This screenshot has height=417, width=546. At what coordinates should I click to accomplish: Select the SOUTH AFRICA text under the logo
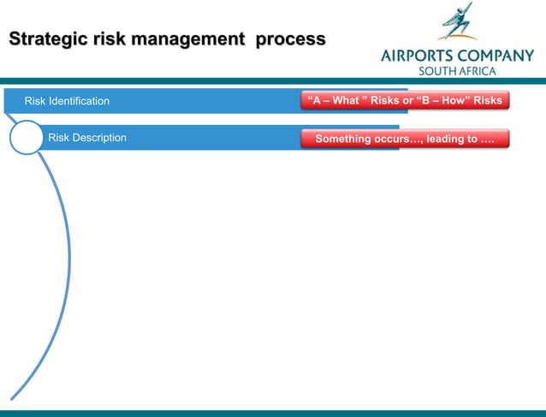click(456, 71)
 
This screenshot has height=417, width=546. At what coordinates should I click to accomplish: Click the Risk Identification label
click(67, 101)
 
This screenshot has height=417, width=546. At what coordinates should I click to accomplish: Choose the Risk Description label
click(87, 138)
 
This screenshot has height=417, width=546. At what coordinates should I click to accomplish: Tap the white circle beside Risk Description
click(27, 138)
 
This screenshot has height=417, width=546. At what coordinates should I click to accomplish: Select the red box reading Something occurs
click(405, 139)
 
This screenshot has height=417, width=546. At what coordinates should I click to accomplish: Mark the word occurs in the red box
click(390, 139)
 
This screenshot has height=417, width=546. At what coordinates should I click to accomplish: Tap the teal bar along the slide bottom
click(273, 413)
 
